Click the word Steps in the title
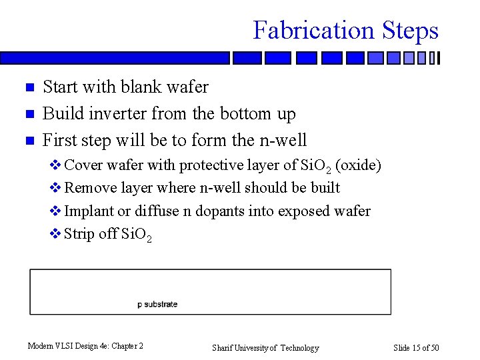tap(410, 31)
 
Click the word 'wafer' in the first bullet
tap(187, 87)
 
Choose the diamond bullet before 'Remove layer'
tap(56, 188)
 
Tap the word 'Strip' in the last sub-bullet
tap(79, 234)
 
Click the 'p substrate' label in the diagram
tap(157, 305)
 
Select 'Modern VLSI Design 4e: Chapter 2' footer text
tap(85, 346)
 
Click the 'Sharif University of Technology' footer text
tap(265, 347)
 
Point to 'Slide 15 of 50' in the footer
tap(416, 347)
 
